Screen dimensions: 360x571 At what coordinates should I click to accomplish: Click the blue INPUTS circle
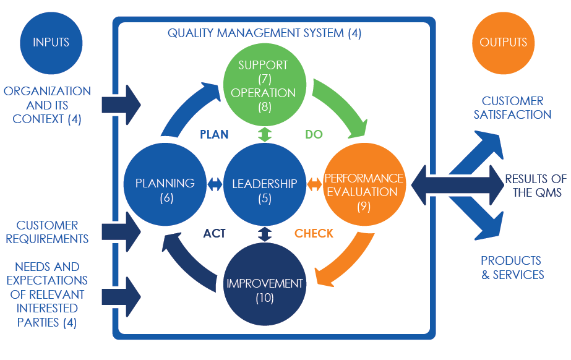click(51, 43)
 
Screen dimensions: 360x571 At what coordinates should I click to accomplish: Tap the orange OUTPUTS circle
click(503, 43)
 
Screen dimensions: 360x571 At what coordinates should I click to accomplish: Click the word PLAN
click(213, 134)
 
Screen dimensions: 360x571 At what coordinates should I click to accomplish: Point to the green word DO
click(314, 134)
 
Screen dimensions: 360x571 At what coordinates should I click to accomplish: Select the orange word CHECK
click(314, 233)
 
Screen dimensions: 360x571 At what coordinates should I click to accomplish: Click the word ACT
click(214, 233)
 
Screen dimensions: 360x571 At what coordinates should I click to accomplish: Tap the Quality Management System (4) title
click(264, 33)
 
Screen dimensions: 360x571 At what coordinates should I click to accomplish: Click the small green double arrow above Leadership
click(265, 134)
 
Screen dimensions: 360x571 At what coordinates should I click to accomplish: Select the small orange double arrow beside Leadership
click(314, 184)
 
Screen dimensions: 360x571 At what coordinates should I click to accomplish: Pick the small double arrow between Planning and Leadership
click(215, 184)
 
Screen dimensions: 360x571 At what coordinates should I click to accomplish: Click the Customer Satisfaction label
click(512, 108)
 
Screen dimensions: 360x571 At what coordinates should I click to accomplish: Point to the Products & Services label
click(512, 267)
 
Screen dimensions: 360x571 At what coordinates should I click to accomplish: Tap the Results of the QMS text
click(533, 186)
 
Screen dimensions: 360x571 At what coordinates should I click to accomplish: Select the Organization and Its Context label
click(47, 105)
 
